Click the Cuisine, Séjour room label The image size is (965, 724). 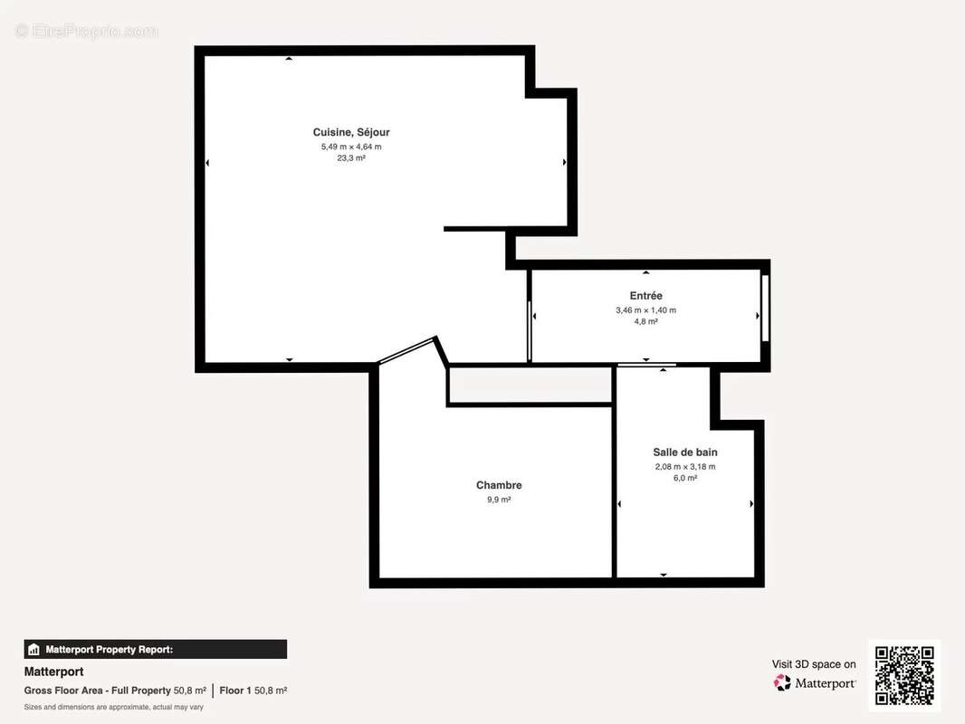click(x=351, y=132)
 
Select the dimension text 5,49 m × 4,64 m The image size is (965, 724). click(x=351, y=146)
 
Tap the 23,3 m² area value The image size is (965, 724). click(x=351, y=157)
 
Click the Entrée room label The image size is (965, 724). click(x=645, y=296)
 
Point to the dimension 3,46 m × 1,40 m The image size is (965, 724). click(x=645, y=310)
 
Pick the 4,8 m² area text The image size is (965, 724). click(x=645, y=321)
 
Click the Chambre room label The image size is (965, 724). click(x=499, y=485)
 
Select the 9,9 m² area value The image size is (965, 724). click(x=499, y=499)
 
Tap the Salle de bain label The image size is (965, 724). click(x=685, y=452)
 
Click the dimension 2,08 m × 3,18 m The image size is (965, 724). click(x=685, y=467)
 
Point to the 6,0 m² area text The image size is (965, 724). click(x=685, y=478)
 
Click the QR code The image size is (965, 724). click(x=904, y=675)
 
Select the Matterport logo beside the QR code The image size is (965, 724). click(x=815, y=683)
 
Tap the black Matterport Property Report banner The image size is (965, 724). click(x=155, y=649)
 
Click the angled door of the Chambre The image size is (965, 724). click(x=407, y=351)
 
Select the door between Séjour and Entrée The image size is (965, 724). click(x=529, y=330)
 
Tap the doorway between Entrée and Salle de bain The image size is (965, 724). click(x=646, y=366)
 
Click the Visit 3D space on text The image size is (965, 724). click(x=813, y=664)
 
